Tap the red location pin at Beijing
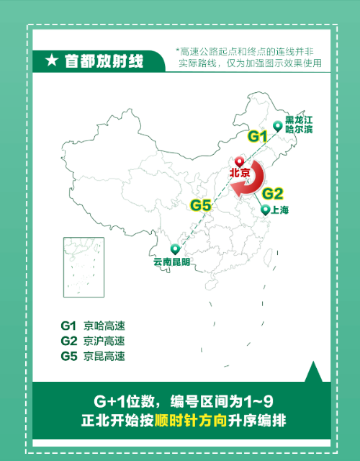[x=240, y=163]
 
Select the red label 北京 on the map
[x=240, y=174]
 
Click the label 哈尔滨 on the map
[x=299, y=130]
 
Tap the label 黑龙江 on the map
[x=299, y=120]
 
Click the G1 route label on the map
[x=257, y=136]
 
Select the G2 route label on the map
[x=273, y=193]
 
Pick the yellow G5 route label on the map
[x=201, y=205]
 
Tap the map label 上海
[x=279, y=210]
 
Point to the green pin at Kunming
[x=174, y=249]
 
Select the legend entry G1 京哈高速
[x=94, y=326]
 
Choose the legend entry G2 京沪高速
[x=94, y=341]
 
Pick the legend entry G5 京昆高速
[x=94, y=356]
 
